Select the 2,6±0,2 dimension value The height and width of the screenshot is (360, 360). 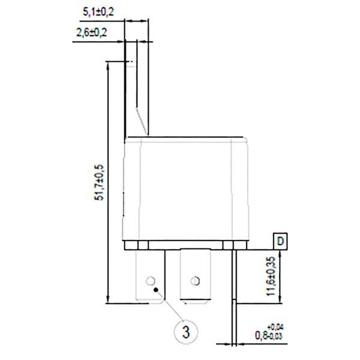(x=92, y=34)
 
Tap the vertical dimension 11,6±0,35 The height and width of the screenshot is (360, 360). (x=272, y=275)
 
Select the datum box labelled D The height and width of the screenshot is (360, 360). (x=281, y=242)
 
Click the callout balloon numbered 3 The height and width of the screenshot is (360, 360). (x=186, y=331)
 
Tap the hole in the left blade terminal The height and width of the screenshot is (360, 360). (x=150, y=280)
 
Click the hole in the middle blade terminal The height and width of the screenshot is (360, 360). (x=194, y=280)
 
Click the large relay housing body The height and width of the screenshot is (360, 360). (x=186, y=189)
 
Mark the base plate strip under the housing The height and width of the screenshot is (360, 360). (x=186, y=245)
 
